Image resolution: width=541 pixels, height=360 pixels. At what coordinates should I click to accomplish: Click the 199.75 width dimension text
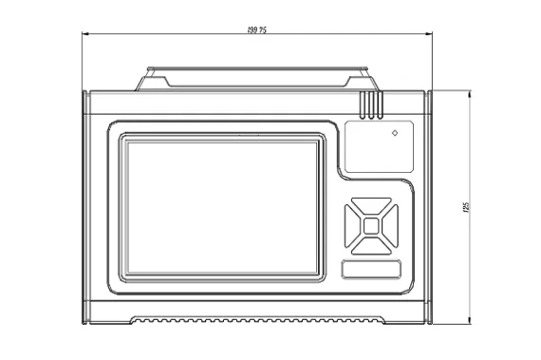[256, 30]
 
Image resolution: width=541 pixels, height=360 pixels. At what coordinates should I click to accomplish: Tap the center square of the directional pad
[370, 226]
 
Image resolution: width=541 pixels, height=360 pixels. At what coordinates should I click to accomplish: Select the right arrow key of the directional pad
[388, 226]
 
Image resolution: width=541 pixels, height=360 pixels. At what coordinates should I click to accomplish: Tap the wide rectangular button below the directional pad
[370, 271]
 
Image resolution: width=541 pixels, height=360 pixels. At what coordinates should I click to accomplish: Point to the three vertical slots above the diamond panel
[370, 104]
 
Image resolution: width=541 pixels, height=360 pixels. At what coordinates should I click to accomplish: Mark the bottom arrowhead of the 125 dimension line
[471, 323]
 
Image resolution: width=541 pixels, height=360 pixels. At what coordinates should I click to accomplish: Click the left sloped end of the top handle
[143, 81]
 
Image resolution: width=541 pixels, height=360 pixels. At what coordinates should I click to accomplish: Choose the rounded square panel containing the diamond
[379, 146]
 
